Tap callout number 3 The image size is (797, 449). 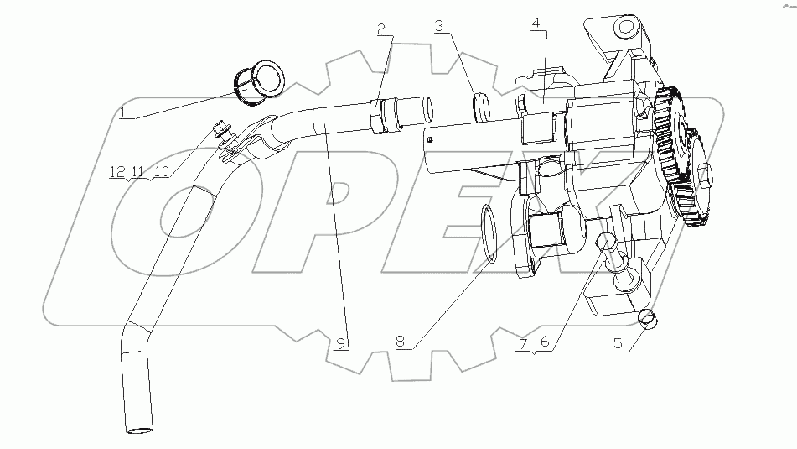point(438,27)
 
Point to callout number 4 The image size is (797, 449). point(535,24)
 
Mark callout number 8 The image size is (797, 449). point(401,342)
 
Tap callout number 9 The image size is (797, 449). point(340,342)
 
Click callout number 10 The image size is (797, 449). point(161,172)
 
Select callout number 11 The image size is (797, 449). point(137,172)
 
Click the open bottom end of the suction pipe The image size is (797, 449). point(139,430)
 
